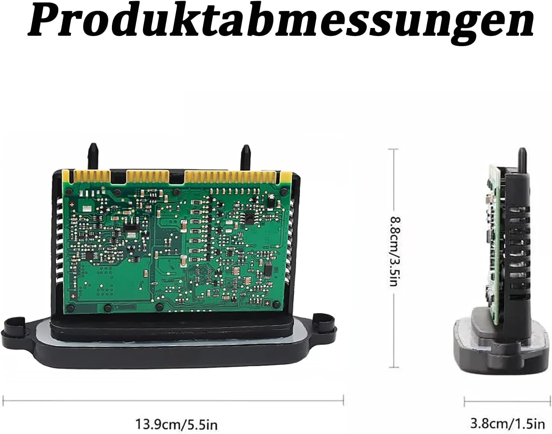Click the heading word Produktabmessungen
click(281, 24)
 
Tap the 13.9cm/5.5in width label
click(176, 424)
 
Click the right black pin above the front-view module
click(246, 157)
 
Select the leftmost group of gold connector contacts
click(91, 177)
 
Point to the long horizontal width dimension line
click(173, 401)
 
